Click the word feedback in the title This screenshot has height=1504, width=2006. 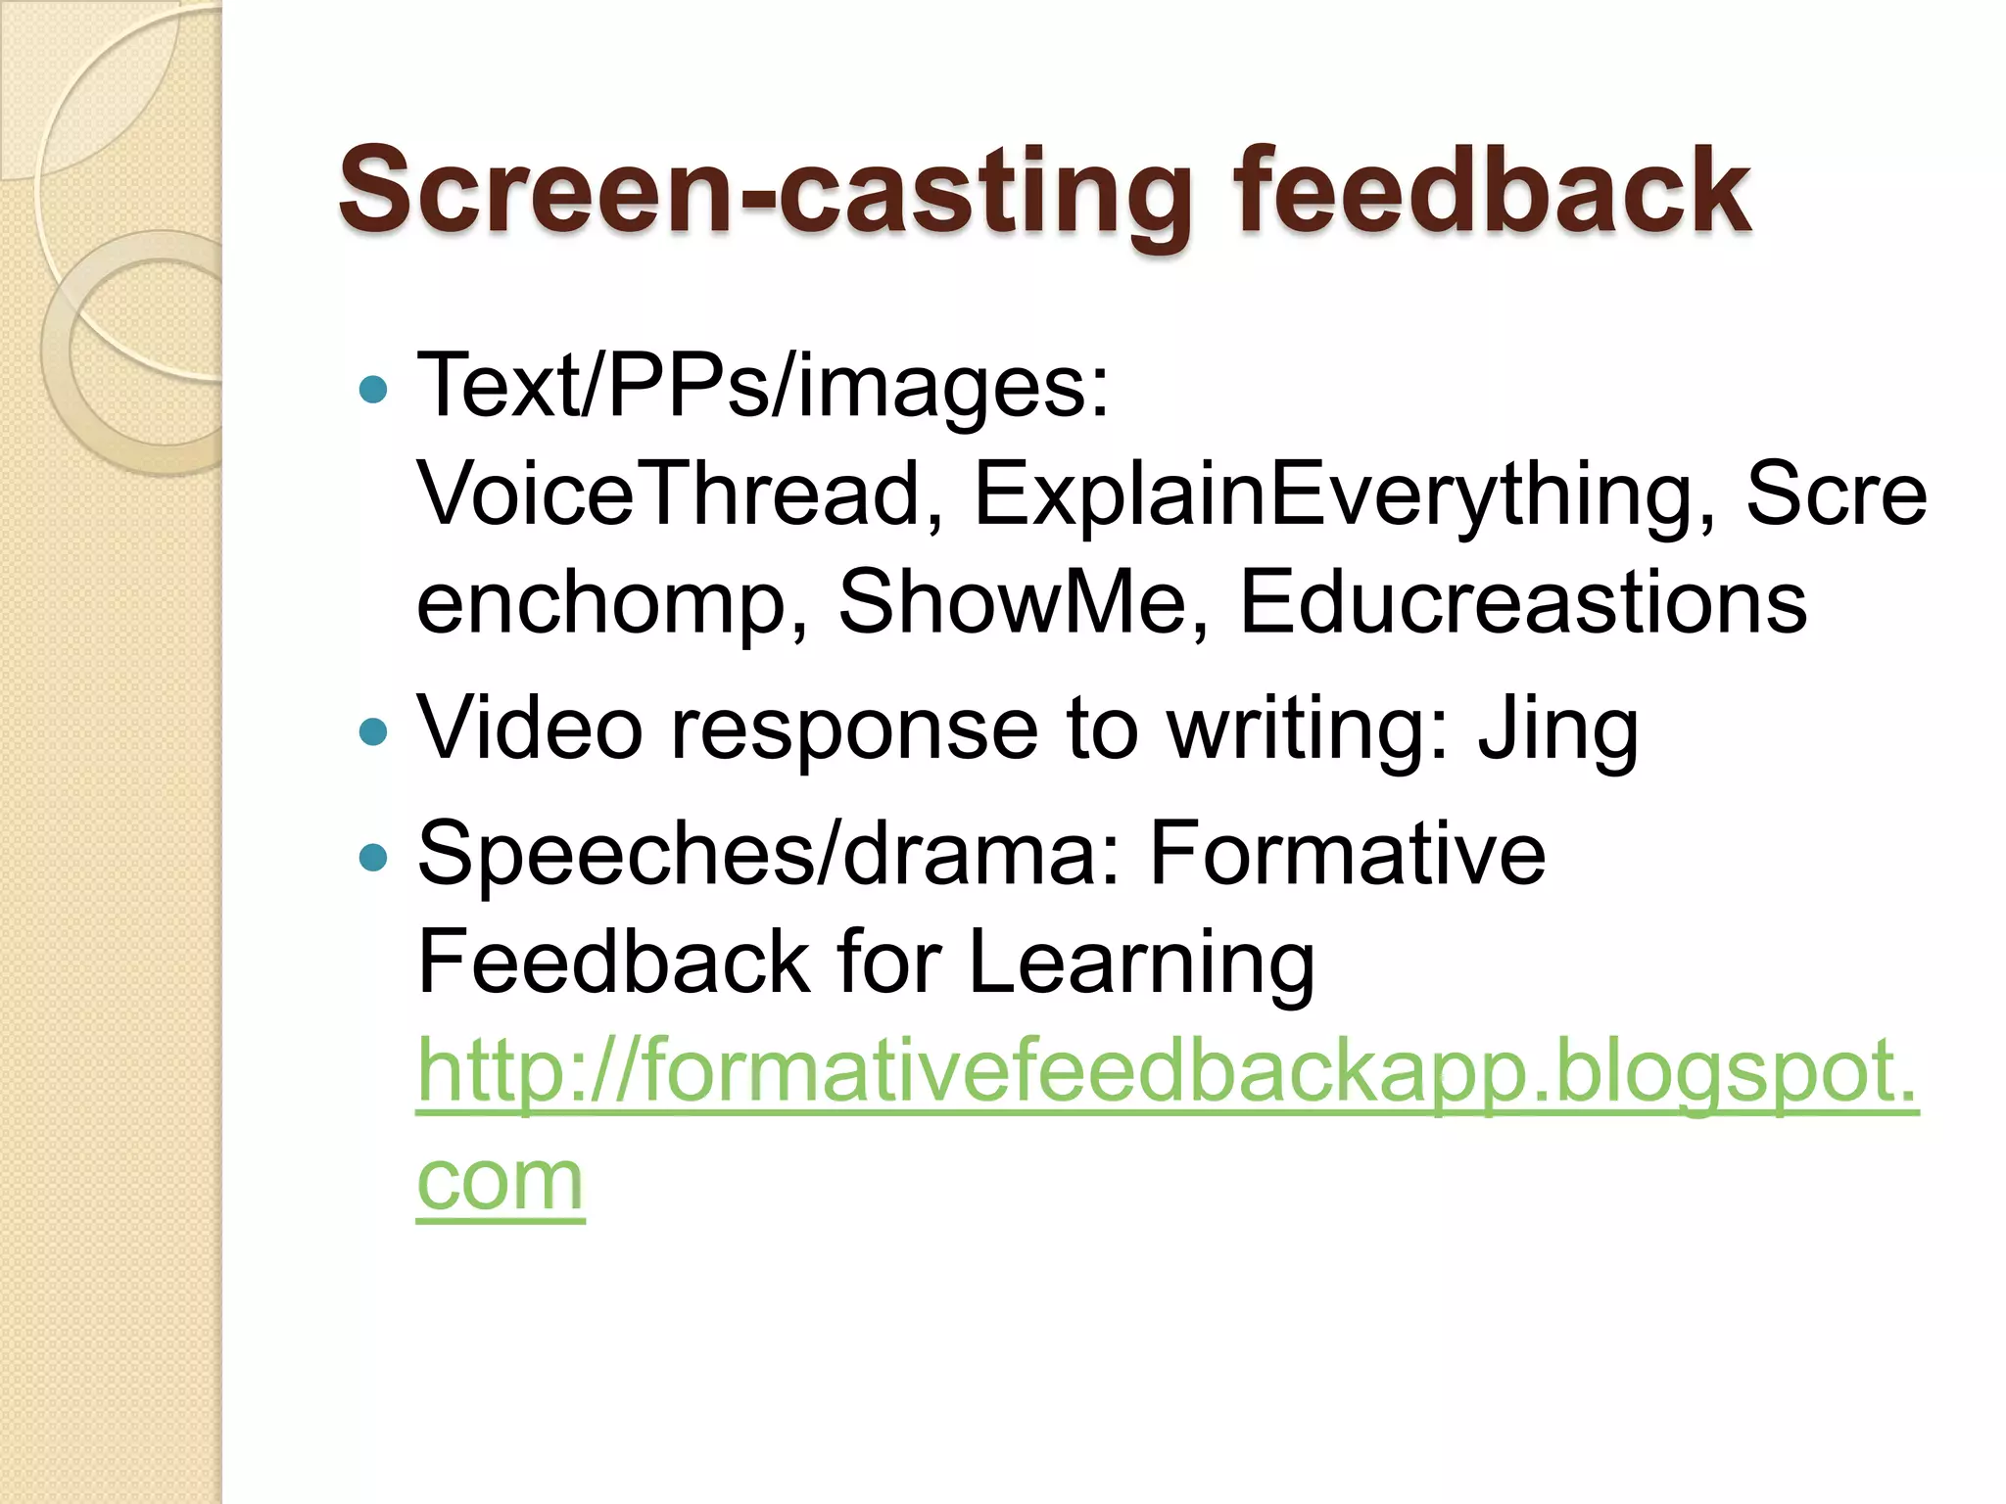[x=1491, y=191]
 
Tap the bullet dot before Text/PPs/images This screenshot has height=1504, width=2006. [x=373, y=391]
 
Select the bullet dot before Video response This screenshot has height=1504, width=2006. [x=373, y=731]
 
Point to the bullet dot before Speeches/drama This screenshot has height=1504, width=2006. [x=373, y=858]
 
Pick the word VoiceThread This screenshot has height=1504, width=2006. [x=669, y=494]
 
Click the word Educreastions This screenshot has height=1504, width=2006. [x=1523, y=601]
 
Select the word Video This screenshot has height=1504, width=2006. [x=529, y=728]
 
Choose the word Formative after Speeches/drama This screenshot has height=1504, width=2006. [x=1347, y=854]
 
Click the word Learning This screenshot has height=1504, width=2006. [x=1141, y=963]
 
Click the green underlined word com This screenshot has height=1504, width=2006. [x=501, y=1181]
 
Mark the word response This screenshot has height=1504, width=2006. [x=853, y=730]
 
